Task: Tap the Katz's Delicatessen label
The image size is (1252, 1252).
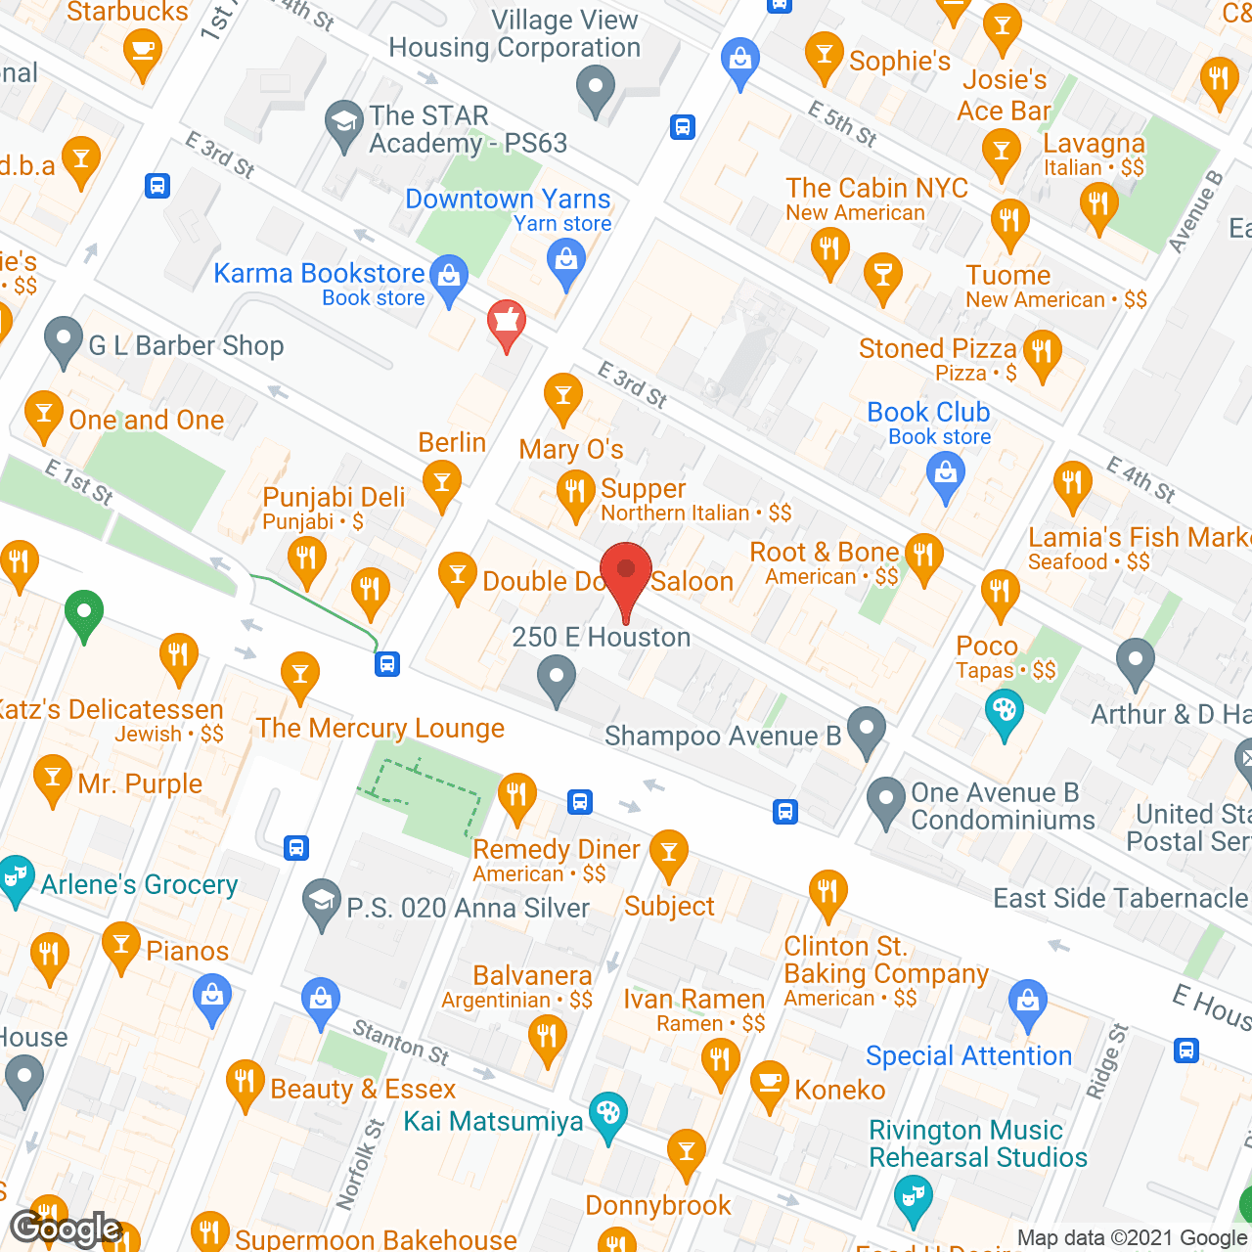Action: (112, 709)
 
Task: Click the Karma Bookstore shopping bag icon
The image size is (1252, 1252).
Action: (449, 277)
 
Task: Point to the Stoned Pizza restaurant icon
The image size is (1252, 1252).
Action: (1042, 351)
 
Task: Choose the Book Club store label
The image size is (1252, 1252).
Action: (928, 413)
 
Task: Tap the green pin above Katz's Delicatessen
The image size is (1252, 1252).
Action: (84, 613)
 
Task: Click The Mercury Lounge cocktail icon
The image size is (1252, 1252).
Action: (300, 674)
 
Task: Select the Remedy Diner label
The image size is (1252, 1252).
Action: (556, 849)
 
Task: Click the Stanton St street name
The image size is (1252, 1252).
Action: (401, 1042)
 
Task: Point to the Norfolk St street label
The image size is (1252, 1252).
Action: (359, 1164)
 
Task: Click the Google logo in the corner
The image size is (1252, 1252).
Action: (66, 1229)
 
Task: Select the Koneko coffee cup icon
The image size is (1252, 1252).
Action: (770, 1083)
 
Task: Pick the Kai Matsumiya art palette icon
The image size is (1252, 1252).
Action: (608, 1114)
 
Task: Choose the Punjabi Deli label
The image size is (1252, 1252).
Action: (334, 497)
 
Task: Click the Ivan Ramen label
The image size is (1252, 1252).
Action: (694, 999)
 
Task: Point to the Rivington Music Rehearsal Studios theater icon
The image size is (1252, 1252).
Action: (913, 1198)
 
